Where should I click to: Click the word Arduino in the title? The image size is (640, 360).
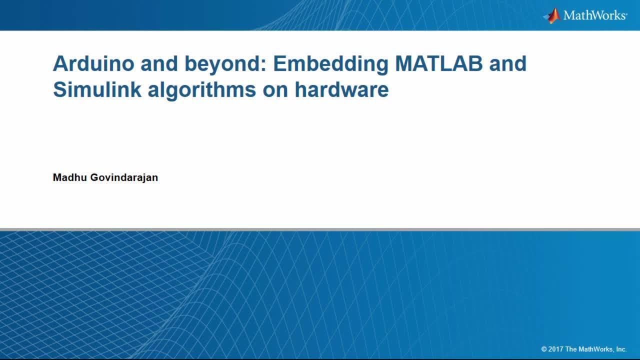click(x=93, y=63)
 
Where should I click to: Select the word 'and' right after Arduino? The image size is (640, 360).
click(x=159, y=63)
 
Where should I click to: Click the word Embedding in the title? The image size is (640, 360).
click(x=331, y=65)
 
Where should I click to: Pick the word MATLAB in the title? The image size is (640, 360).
click(x=439, y=63)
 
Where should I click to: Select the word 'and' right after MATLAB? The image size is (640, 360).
click(x=507, y=63)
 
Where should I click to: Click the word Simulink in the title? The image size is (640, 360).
click(x=97, y=89)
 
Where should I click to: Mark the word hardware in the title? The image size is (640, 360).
click(x=341, y=89)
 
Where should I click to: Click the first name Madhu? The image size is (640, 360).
click(x=69, y=177)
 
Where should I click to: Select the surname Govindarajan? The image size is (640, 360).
click(x=124, y=178)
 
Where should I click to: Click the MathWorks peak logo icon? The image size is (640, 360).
click(x=551, y=15)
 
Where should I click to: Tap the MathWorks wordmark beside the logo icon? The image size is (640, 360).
click(x=595, y=15)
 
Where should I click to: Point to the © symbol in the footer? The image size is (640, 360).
click(x=544, y=349)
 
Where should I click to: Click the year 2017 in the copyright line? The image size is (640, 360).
click(x=555, y=349)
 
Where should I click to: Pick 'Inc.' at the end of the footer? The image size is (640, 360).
click(x=621, y=349)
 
